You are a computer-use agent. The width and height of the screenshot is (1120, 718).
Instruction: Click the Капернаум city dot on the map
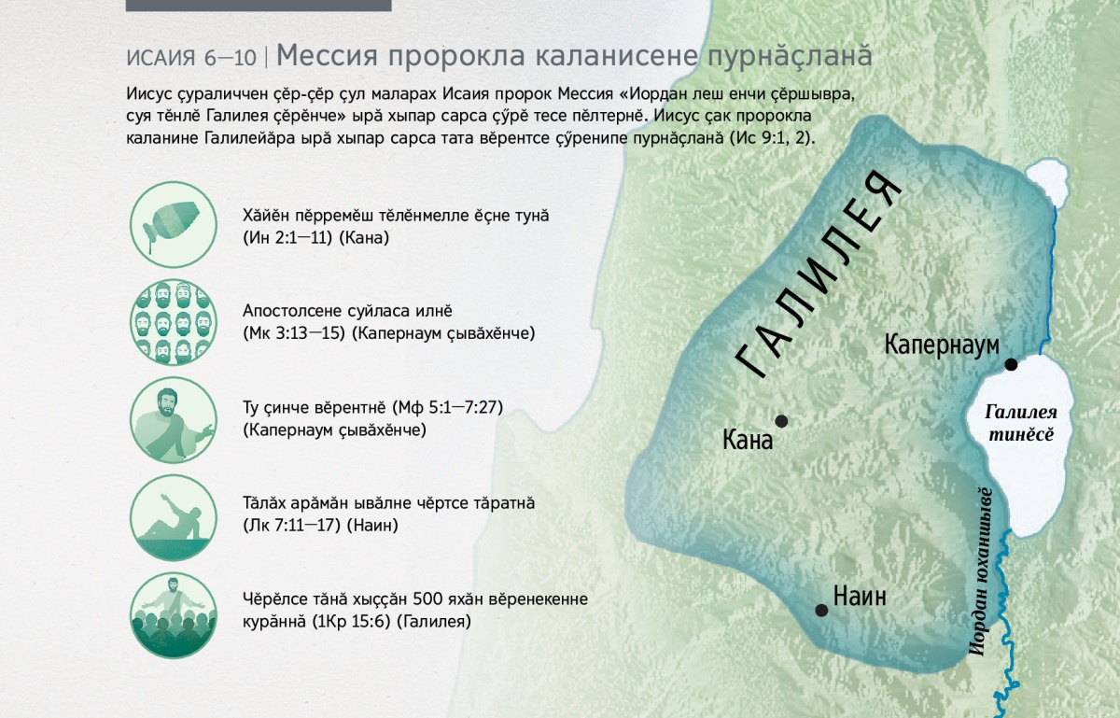click(1011, 364)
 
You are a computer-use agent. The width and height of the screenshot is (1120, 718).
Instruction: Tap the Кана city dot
click(781, 421)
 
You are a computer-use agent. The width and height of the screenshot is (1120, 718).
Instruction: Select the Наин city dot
click(821, 610)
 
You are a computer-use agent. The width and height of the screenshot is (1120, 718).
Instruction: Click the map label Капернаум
click(942, 345)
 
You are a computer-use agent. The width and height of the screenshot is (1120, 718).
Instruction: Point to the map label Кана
click(748, 441)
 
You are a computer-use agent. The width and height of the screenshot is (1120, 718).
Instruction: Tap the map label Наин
click(860, 597)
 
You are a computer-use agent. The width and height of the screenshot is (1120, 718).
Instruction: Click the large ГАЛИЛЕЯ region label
click(819, 275)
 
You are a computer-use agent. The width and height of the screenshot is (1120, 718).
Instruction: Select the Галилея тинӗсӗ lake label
click(1021, 423)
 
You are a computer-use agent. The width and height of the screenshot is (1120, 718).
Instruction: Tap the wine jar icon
click(174, 225)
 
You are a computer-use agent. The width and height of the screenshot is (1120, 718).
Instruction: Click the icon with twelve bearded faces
click(174, 322)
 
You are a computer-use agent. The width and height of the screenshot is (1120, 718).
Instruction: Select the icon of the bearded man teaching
click(174, 419)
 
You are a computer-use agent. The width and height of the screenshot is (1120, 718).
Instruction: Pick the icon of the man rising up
click(174, 517)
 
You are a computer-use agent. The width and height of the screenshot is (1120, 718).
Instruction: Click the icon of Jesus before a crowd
click(174, 615)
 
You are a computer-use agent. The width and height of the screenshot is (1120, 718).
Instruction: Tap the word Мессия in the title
click(327, 55)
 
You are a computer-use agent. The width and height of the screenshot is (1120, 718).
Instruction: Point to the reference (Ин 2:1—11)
click(287, 238)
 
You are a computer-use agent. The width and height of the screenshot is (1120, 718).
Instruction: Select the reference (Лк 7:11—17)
click(291, 526)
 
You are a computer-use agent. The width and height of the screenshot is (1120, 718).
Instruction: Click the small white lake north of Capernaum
click(1046, 182)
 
